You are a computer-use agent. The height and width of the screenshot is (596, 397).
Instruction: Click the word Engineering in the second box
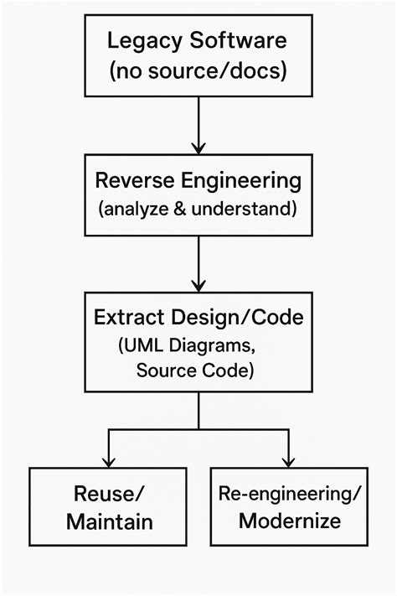246,180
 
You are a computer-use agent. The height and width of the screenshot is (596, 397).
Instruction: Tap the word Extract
125,318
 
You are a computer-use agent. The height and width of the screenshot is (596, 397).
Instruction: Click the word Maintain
109,522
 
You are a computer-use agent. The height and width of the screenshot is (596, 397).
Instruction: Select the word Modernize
290,521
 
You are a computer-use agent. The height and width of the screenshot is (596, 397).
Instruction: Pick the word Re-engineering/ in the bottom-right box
290,494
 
